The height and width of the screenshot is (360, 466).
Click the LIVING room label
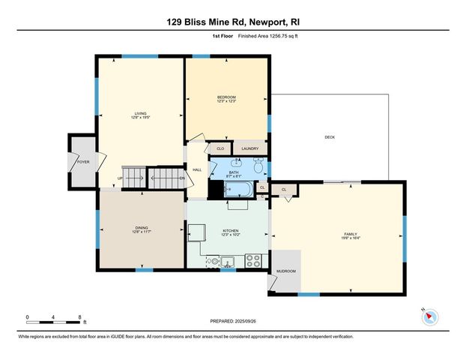click(140, 114)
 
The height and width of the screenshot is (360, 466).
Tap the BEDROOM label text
click(226, 97)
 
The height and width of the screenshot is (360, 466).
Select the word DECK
click(330, 137)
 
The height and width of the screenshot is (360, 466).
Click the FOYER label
click(82, 161)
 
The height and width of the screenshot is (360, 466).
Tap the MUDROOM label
click(286, 271)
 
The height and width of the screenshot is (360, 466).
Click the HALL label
click(197, 170)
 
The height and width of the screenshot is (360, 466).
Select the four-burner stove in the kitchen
click(254, 261)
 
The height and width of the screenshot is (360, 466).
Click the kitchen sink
click(228, 262)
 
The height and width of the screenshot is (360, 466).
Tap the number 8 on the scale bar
click(79, 317)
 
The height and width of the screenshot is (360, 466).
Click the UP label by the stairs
click(120, 178)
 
